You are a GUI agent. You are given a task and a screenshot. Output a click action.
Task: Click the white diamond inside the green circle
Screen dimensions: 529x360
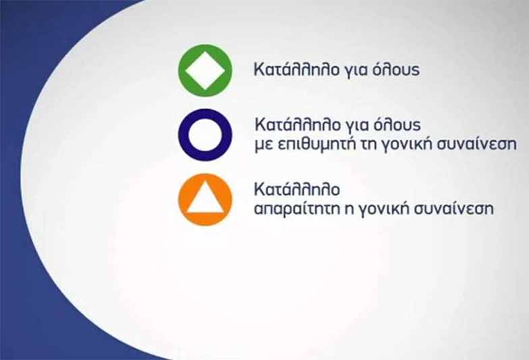pos(205,70)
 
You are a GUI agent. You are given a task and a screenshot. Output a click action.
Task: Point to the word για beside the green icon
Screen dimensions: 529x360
pos(355,71)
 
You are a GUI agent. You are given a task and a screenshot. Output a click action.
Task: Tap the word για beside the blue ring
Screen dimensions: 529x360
pos(356,127)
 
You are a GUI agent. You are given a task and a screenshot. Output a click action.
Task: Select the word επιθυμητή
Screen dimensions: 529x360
pos(317,144)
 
